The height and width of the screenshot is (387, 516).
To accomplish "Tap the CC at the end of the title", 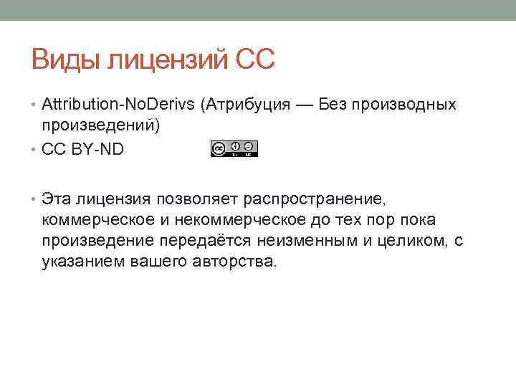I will [x=254, y=59].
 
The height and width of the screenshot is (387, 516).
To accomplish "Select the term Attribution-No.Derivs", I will [x=118, y=105].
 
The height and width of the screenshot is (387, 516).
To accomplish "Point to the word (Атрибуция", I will [x=246, y=105].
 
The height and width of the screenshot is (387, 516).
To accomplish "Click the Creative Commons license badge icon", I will [x=234, y=148].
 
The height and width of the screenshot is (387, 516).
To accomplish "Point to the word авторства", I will [x=234, y=262].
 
